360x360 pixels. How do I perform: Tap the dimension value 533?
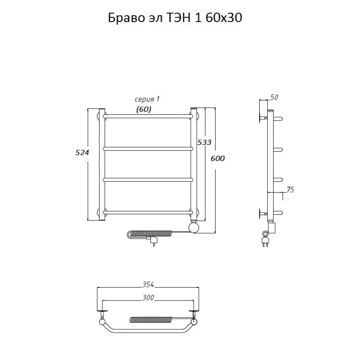point(204,142)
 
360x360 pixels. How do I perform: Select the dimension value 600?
point(217,158)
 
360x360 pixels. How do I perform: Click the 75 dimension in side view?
point(290,190)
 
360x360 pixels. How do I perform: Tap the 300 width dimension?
point(148,297)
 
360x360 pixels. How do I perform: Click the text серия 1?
point(147,99)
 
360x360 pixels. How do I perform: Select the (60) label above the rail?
point(144,109)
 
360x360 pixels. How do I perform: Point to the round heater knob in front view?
point(194,227)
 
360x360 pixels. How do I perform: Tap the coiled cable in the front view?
point(153,234)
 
